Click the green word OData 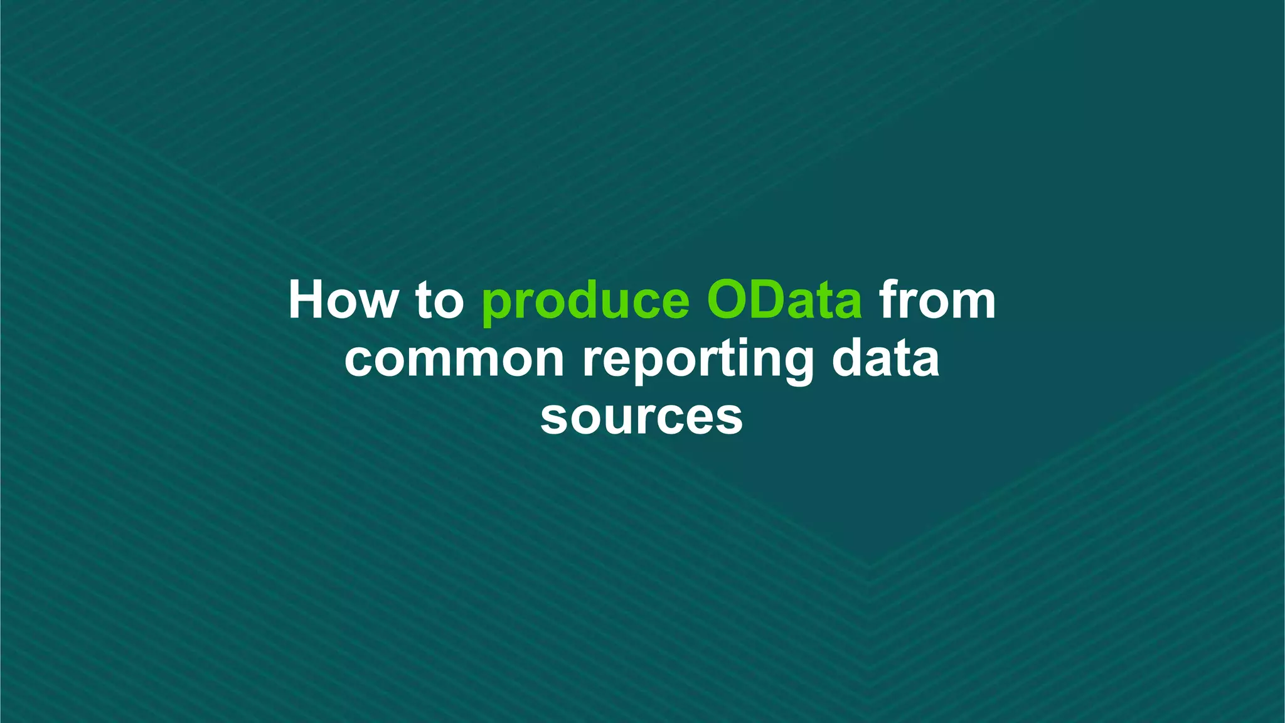[x=784, y=300]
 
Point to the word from [x=937, y=300]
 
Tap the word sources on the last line [x=641, y=417]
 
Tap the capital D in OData [x=773, y=300]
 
